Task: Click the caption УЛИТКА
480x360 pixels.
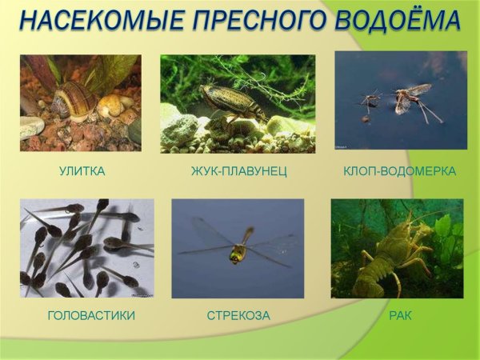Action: pyautogui.click(x=82, y=171)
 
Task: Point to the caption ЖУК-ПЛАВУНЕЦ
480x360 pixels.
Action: pyautogui.click(x=238, y=171)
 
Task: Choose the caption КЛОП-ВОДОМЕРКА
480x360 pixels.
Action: pyautogui.click(x=399, y=171)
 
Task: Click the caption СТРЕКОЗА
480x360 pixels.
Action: pyautogui.click(x=238, y=315)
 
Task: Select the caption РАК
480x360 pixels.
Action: pyautogui.click(x=399, y=315)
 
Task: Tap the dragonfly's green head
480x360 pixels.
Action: pyautogui.click(x=238, y=254)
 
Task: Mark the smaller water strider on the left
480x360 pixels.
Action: pyautogui.click(x=370, y=100)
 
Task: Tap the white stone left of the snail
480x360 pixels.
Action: pyautogui.click(x=32, y=126)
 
